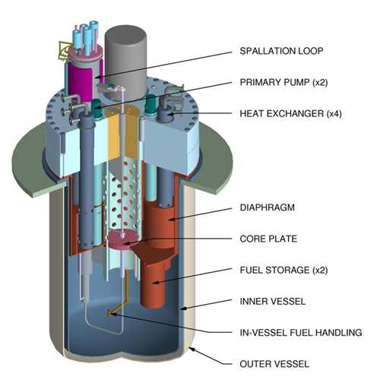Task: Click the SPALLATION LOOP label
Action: click(281, 51)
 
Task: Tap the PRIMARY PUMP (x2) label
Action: click(283, 82)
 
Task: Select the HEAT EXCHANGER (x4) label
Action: click(290, 113)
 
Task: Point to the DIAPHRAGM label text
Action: click(268, 208)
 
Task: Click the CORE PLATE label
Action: click(268, 239)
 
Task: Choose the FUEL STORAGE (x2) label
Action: click(283, 270)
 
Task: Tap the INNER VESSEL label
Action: click(273, 301)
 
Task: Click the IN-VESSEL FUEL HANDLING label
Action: click(301, 332)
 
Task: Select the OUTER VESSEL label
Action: click(274, 364)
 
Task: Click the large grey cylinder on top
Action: click(126, 61)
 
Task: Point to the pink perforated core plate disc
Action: click(124, 238)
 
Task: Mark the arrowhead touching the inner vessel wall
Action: click(183, 309)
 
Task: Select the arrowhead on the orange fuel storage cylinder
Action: click(156, 282)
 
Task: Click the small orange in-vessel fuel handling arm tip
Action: click(109, 314)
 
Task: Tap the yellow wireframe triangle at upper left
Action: click(64, 50)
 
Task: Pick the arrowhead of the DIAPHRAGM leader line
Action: click(172, 219)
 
